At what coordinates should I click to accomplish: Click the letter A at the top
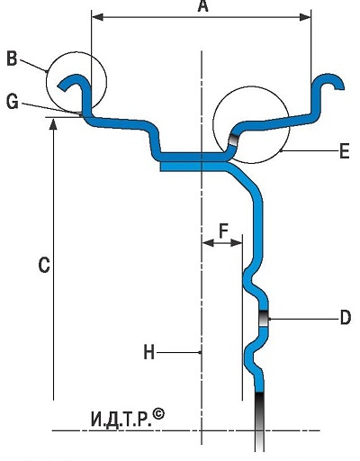point(203,6)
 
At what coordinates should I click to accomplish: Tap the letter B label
point(12,59)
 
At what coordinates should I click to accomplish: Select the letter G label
point(13,102)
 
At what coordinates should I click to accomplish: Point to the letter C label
point(44,265)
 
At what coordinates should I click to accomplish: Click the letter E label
point(345,151)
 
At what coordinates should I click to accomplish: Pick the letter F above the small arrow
point(223,230)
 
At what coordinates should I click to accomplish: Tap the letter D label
point(346,318)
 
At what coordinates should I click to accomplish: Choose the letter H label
point(149,352)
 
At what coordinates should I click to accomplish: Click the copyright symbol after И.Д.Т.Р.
point(158,414)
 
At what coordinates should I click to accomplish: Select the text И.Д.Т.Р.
point(121,420)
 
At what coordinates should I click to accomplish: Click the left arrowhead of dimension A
point(97,17)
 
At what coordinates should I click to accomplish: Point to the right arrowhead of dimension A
point(305,17)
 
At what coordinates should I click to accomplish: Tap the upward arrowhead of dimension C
point(53,124)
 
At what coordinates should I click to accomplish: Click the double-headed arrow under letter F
point(222,242)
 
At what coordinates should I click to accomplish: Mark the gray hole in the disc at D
point(264,318)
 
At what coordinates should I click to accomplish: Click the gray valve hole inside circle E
point(233,140)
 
